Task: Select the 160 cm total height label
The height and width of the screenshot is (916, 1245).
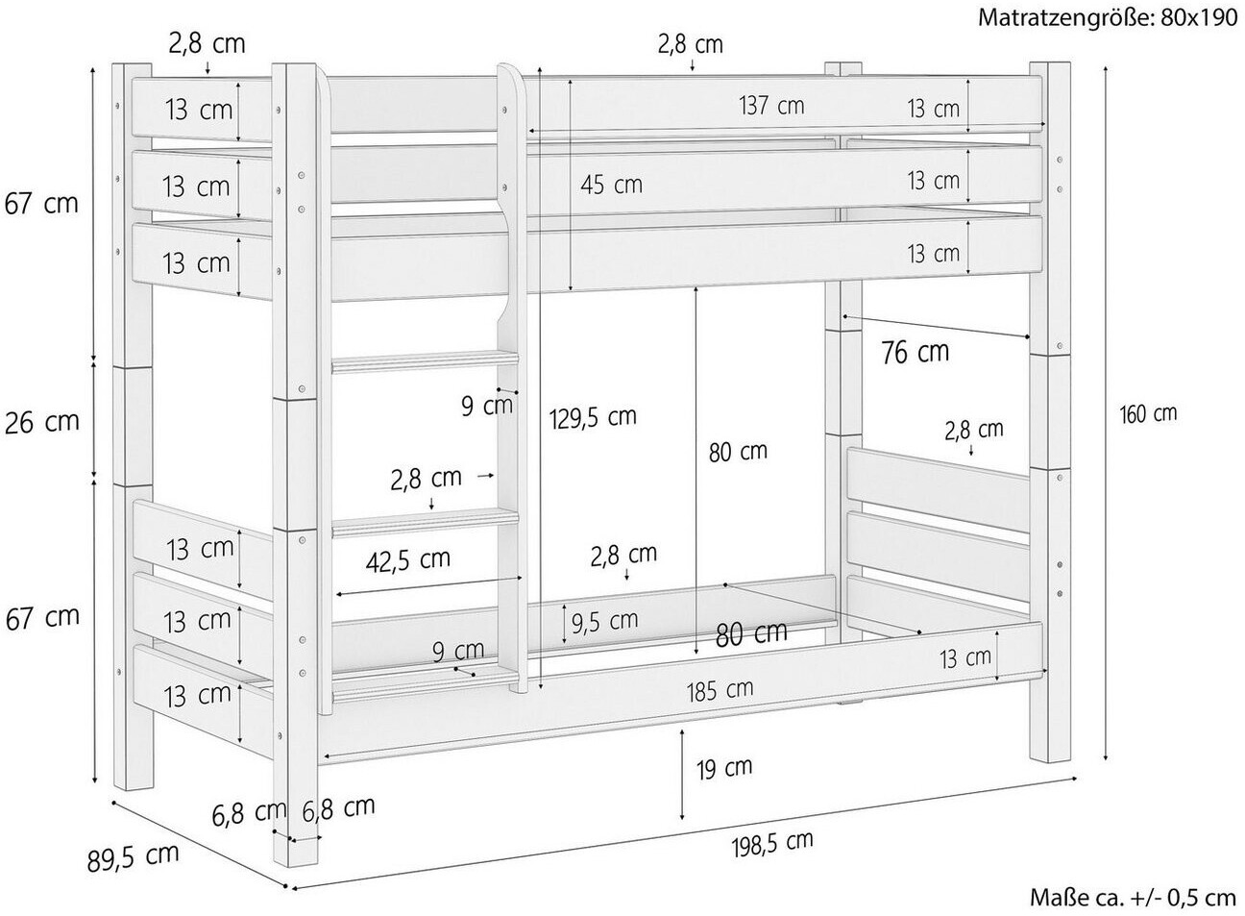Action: tap(1148, 414)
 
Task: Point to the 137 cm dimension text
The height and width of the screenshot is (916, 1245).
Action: tap(771, 105)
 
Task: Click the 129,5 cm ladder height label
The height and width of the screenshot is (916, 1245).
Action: tap(593, 417)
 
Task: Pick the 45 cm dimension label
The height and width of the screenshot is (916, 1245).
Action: tap(611, 185)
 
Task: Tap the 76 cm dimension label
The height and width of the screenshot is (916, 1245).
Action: tap(915, 352)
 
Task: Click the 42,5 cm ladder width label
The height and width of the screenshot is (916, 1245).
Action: tap(408, 560)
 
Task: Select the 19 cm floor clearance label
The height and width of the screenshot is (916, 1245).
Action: tap(724, 769)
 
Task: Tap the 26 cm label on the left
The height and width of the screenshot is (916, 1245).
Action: tap(42, 423)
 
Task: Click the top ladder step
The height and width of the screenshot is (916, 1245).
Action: tap(426, 361)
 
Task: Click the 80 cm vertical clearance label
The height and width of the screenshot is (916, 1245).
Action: tap(738, 452)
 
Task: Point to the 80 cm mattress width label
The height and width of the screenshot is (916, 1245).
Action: tap(751, 634)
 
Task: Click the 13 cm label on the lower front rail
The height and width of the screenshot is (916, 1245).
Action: tap(965, 659)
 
